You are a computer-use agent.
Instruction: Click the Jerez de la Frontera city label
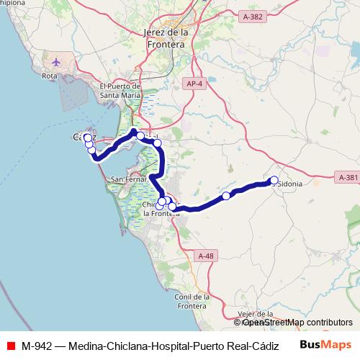pyautogui.click(x=165, y=38)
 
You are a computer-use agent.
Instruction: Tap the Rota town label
pyautogui.click(x=50, y=75)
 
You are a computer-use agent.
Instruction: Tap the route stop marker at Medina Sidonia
pyautogui.click(x=274, y=180)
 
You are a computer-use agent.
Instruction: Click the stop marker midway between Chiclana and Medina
pyautogui.click(x=226, y=196)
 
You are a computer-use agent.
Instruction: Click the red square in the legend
pyautogui.click(x=9, y=345)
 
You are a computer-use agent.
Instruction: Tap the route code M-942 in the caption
pyautogui.click(x=36, y=345)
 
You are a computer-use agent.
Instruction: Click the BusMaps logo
pyautogui.click(x=326, y=344)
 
